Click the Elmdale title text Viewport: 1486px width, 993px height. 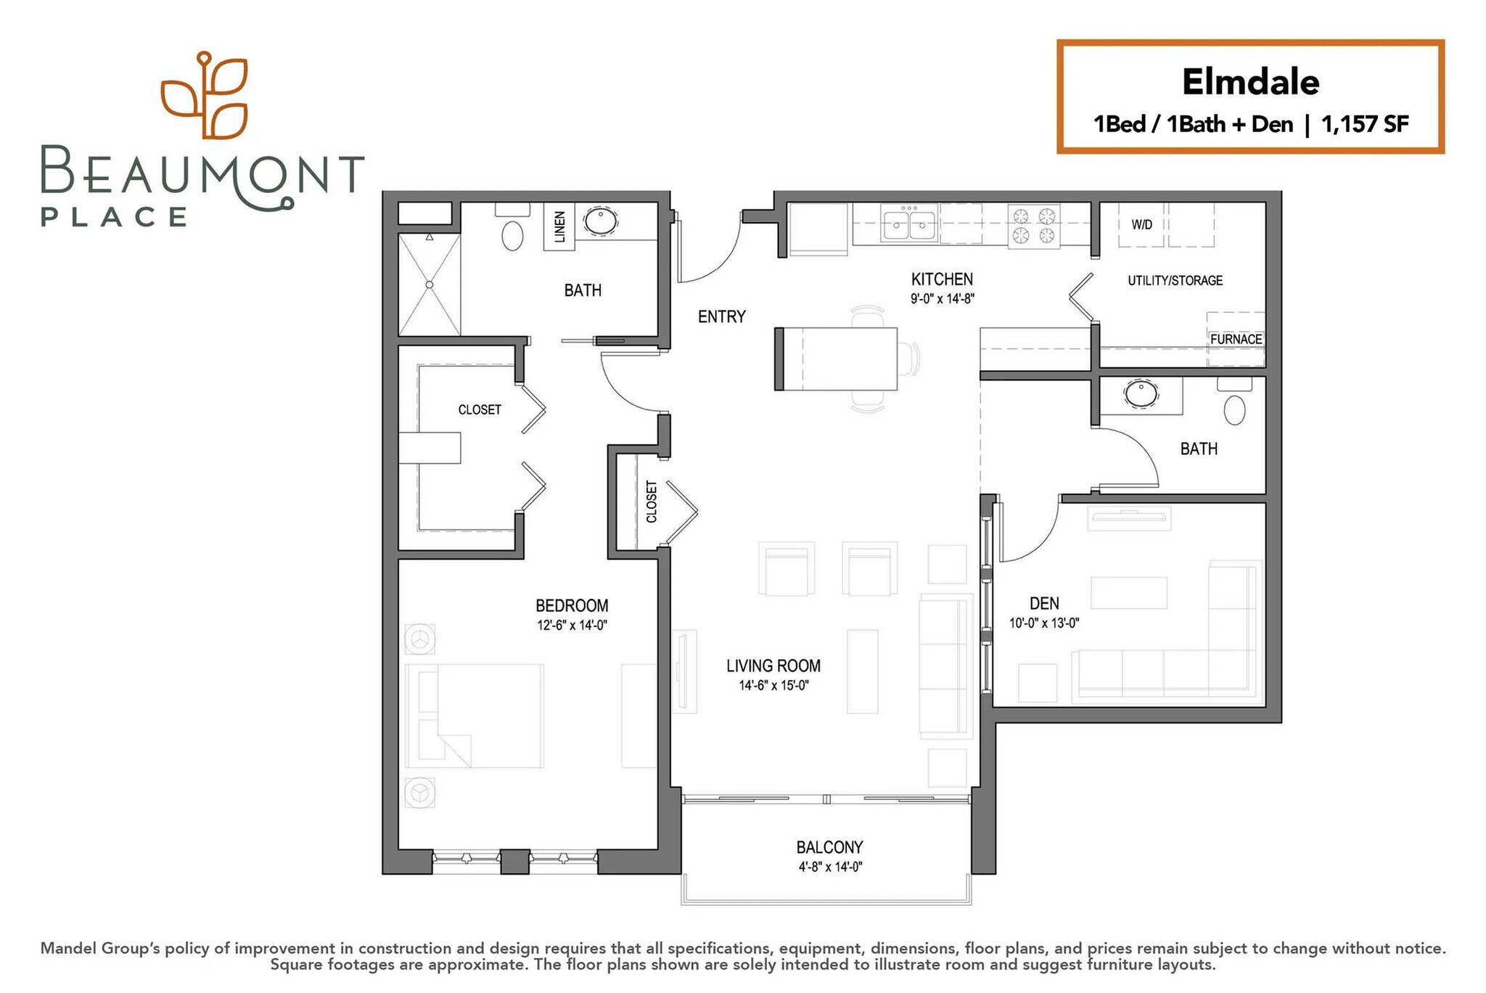click(x=1250, y=82)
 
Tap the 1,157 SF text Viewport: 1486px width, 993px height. click(x=1365, y=125)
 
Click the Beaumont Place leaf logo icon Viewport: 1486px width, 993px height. click(x=204, y=95)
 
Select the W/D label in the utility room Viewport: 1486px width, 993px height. click(x=1141, y=224)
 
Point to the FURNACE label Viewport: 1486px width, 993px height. click(x=1236, y=339)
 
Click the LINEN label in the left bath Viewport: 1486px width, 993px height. click(x=559, y=226)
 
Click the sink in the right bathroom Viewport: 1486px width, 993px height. click(x=1141, y=393)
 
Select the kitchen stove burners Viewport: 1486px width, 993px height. click(x=1034, y=225)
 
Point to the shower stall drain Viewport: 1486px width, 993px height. click(x=430, y=285)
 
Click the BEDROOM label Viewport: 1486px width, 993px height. click(x=572, y=605)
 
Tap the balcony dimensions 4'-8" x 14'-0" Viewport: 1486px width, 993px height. click(x=830, y=867)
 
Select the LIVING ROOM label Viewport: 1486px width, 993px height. click(x=773, y=666)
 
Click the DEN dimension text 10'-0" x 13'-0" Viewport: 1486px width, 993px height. click(x=1044, y=623)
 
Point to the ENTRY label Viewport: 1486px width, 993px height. click(x=721, y=316)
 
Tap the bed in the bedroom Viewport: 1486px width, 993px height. click(x=475, y=716)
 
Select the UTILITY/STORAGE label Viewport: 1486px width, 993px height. click(x=1175, y=281)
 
